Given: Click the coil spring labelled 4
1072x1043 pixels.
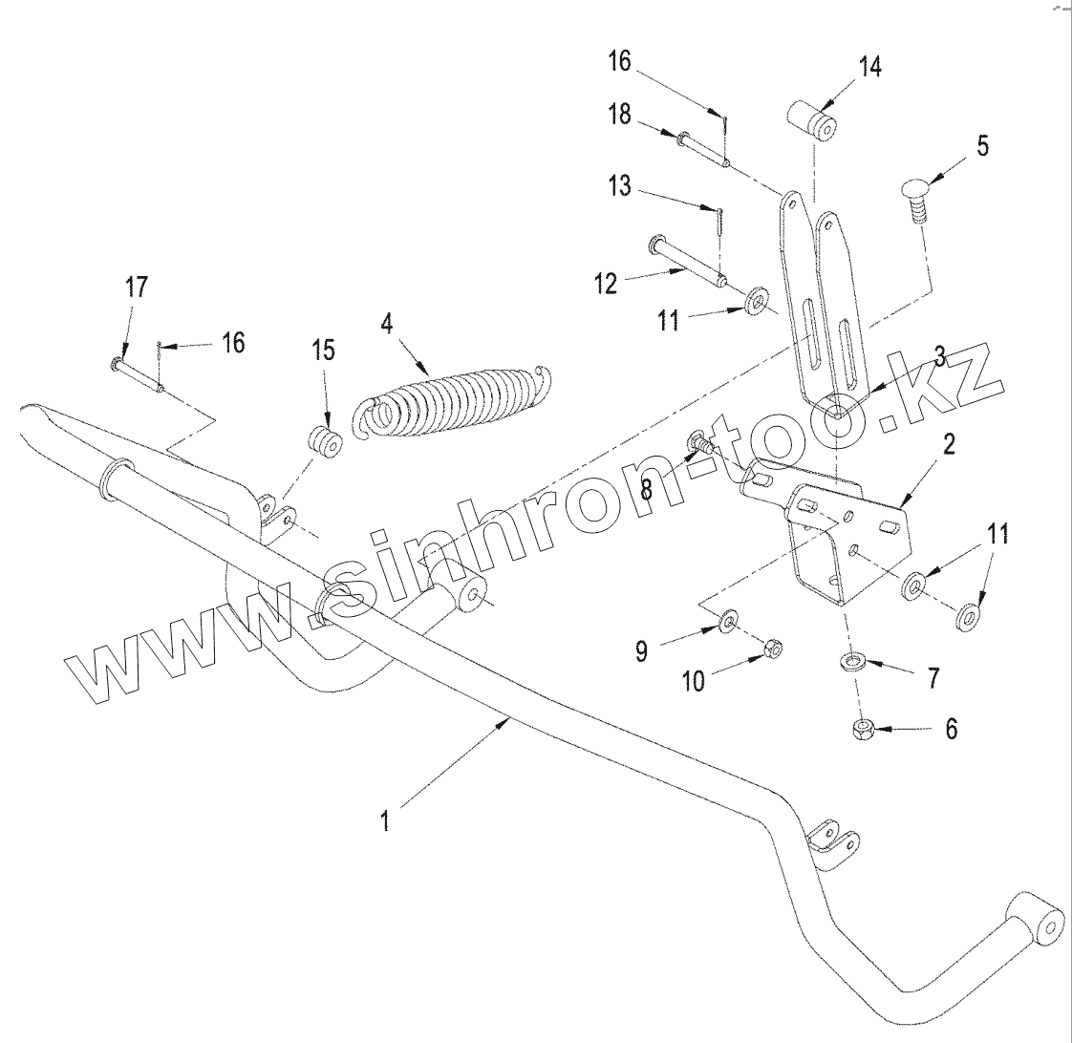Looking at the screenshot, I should (x=449, y=401).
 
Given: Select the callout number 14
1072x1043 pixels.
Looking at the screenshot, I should (x=869, y=67).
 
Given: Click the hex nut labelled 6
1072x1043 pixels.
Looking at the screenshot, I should (x=863, y=731).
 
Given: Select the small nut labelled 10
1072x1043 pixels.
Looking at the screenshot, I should (x=773, y=650).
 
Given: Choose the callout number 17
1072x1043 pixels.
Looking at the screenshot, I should (x=137, y=287).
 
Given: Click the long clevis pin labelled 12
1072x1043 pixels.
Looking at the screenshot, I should (x=688, y=260).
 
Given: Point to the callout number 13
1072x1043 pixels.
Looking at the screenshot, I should (x=621, y=185).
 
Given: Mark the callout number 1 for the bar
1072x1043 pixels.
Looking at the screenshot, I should (x=385, y=821).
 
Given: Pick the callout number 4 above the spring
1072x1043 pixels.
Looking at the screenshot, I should (x=386, y=323).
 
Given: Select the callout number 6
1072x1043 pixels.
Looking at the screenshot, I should (x=950, y=729).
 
